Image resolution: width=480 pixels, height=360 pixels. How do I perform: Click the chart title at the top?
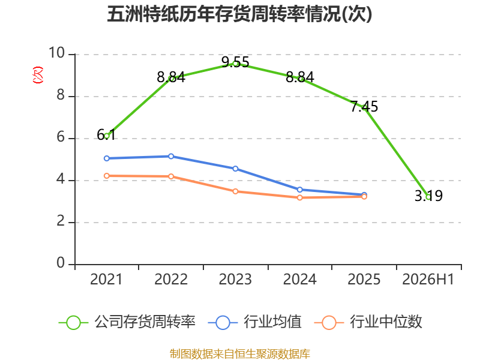click(x=239, y=14)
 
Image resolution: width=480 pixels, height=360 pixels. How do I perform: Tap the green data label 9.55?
click(x=235, y=62)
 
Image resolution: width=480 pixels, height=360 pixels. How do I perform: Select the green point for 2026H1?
click(x=428, y=197)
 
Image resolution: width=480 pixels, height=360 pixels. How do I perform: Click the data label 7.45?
click(x=364, y=107)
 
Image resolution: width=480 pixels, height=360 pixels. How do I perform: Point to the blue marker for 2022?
click(x=171, y=157)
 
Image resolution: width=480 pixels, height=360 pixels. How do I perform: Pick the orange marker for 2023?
click(x=235, y=191)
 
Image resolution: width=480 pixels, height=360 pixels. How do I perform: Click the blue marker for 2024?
click(x=300, y=190)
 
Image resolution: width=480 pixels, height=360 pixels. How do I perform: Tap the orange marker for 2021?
click(x=107, y=176)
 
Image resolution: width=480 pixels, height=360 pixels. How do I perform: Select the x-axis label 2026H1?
click(x=428, y=280)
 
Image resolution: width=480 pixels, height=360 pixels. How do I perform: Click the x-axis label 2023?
click(x=235, y=280)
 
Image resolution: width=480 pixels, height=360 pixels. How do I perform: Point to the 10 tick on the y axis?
click(x=57, y=53)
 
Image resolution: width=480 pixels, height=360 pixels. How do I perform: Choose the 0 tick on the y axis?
click(x=61, y=263)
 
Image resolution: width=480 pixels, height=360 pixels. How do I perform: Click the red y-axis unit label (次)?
click(x=38, y=75)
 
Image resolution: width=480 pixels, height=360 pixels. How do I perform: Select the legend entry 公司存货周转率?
click(x=127, y=322)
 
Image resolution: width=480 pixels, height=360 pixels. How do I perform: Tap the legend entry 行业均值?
click(x=254, y=322)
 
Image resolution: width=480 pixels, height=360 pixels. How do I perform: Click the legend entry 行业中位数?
click(x=368, y=322)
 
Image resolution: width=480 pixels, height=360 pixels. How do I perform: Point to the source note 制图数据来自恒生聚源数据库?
click(x=240, y=354)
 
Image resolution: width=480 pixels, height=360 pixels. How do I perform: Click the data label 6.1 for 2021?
click(x=106, y=134)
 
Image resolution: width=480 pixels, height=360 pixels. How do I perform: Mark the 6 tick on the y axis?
click(x=61, y=137)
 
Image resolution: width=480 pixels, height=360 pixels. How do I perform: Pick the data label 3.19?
click(x=428, y=196)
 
